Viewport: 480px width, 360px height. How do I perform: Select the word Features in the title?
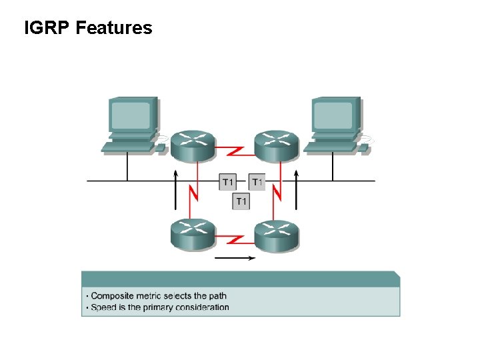[x=114, y=28]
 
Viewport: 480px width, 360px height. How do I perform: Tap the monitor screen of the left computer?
[x=132, y=115]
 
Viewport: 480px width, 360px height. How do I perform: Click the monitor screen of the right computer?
[x=333, y=115]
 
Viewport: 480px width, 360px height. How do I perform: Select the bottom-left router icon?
[x=193, y=233]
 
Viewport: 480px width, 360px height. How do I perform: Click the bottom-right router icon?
[x=277, y=233]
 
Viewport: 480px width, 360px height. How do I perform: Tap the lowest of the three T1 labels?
[x=241, y=201]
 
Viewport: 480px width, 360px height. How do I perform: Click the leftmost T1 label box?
[x=227, y=182]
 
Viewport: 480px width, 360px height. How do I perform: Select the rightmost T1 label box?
[x=257, y=182]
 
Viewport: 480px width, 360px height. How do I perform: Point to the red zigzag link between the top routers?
[x=235, y=151]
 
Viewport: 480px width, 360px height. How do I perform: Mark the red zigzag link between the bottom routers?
[x=235, y=238]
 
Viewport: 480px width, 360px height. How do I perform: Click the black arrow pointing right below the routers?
[x=235, y=258]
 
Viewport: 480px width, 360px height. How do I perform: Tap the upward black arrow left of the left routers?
[x=176, y=190]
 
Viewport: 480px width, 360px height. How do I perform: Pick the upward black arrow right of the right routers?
[x=297, y=190]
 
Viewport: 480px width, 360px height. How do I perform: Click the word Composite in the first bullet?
[x=111, y=296]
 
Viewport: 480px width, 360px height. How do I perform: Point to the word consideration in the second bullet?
[x=204, y=307]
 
